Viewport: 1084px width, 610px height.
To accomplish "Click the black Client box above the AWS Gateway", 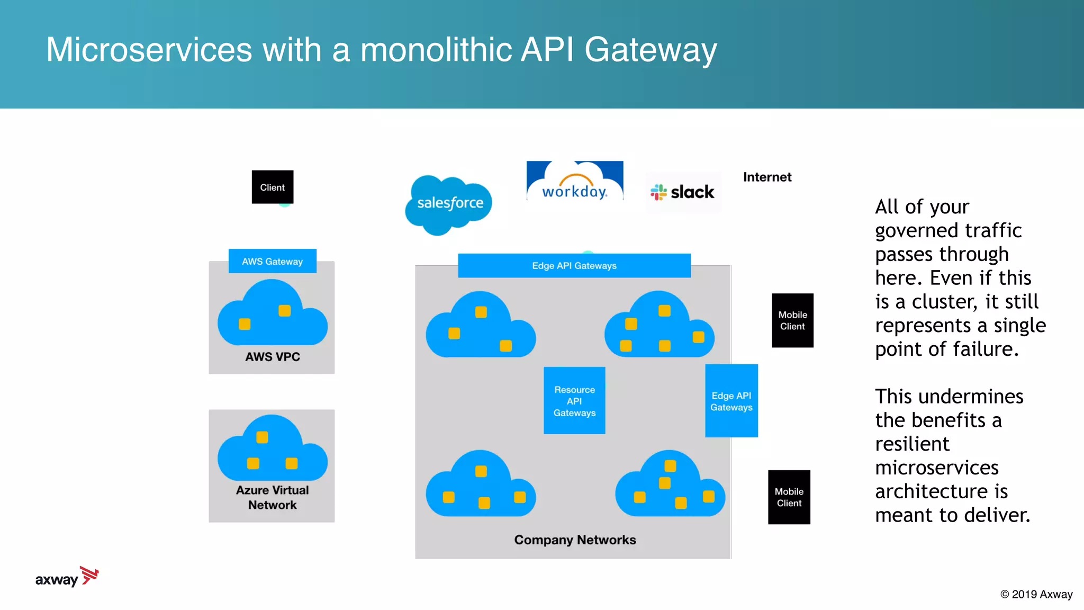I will (272, 187).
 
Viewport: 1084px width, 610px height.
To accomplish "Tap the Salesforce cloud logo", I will (449, 204).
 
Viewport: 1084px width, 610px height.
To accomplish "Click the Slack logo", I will (683, 192).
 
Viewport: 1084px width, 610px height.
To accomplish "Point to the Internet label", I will (767, 177).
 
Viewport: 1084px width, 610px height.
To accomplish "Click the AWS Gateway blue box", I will (272, 261).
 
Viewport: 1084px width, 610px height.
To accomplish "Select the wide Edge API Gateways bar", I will (574, 266).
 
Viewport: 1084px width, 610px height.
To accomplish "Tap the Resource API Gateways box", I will (574, 401).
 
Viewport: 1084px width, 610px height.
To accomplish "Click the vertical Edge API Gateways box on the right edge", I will (731, 401).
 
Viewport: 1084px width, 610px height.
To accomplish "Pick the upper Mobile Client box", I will (792, 320).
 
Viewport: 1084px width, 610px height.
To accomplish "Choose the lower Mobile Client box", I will (789, 497).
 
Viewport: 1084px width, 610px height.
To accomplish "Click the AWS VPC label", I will (272, 357).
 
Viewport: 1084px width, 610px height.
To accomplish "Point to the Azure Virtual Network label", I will (272, 497).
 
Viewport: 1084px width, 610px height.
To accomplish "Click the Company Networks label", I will (575, 540).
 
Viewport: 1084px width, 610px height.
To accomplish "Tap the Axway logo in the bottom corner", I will (67, 577).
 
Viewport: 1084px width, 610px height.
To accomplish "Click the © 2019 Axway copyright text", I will (1036, 594).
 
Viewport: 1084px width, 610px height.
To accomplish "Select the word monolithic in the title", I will (435, 50).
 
